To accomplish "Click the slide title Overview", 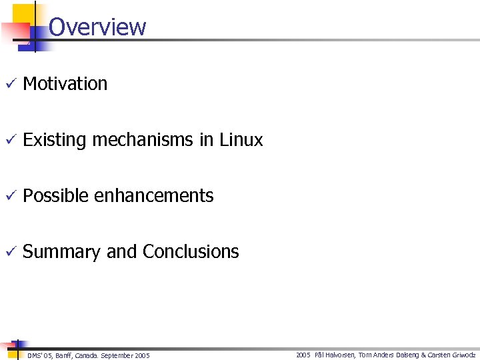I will (97, 27).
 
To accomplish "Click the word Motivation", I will (65, 84).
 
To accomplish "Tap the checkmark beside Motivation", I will (9, 84).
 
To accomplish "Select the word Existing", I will (55, 140).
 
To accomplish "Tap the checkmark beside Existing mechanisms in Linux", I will (9, 140).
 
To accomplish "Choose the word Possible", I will (56, 196).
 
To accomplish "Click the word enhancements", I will (154, 196).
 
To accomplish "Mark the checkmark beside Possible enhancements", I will (9, 196).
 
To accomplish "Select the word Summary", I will (62, 252).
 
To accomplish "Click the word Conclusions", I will (191, 252).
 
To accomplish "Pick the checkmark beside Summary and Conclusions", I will (9, 252).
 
